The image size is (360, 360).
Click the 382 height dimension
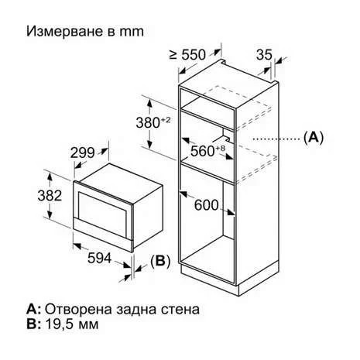pyautogui.click(x=50, y=196)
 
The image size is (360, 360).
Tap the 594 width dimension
pyautogui.click(x=100, y=258)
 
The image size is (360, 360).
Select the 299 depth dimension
pyautogui.click(x=83, y=153)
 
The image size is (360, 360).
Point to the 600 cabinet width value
pyautogui.click(x=206, y=205)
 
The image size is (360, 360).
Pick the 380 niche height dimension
pyautogui.click(x=153, y=122)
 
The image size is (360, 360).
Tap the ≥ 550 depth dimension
pyautogui.click(x=187, y=55)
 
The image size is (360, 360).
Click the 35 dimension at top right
pyautogui.click(x=264, y=54)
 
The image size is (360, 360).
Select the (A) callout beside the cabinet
pyautogui.click(x=314, y=138)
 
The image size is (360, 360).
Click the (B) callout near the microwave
pyautogui.click(x=160, y=262)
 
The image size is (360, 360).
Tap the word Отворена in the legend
pyautogui.click(x=78, y=309)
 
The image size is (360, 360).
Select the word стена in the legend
pyautogui.click(x=180, y=310)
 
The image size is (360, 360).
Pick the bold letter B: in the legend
pyautogui.click(x=33, y=324)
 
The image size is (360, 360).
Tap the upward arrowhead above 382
pyautogui.click(x=50, y=177)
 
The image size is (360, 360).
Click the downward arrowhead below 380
pyautogui.click(x=149, y=145)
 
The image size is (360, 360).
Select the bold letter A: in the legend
pyautogui.click(x=33, y=309)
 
